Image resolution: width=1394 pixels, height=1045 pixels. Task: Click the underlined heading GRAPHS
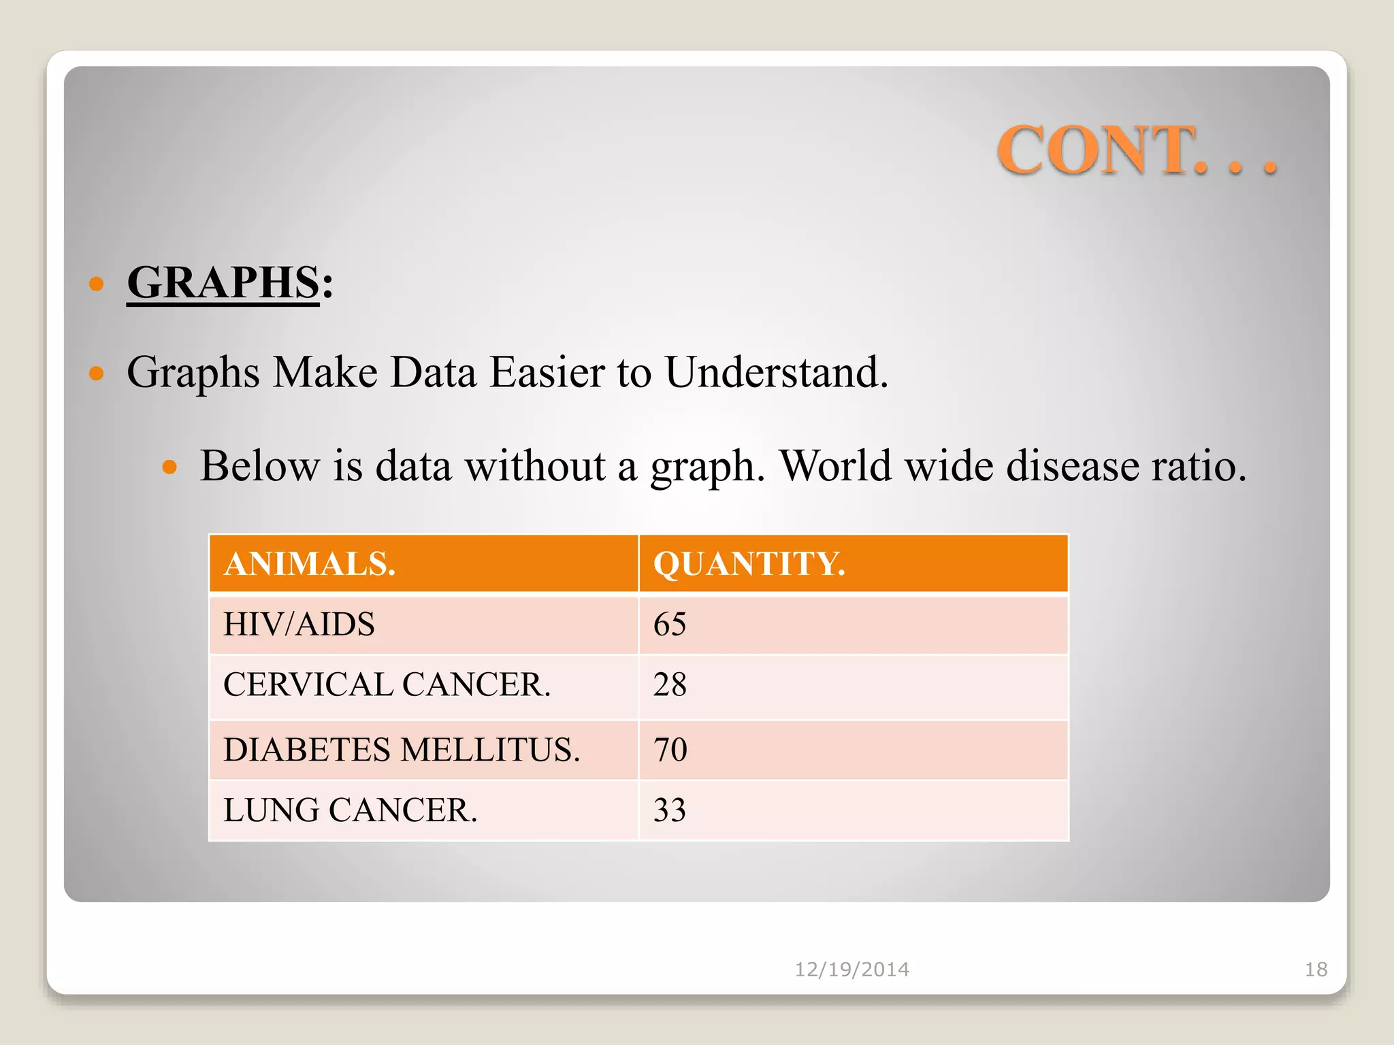(223, 282)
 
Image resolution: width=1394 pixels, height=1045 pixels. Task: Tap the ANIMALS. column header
(310, 564)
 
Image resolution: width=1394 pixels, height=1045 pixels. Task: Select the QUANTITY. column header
(749, 564)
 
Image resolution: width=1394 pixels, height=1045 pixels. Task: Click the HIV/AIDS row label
(299, 624)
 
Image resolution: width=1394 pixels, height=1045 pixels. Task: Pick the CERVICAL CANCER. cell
(387, 684)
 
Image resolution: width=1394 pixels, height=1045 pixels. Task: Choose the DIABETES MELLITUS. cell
(402, 750)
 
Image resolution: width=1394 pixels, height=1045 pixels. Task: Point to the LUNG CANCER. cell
(351, 810)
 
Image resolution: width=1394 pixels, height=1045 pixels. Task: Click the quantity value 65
(670, 624)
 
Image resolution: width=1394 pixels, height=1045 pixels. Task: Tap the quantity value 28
(670, 684)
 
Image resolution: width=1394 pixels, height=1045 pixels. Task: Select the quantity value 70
(670, 750)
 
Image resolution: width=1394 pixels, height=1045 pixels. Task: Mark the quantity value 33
(670, 810)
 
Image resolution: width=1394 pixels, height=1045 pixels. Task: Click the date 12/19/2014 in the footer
(852, 969)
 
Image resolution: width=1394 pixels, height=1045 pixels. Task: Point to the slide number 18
(1316, 969)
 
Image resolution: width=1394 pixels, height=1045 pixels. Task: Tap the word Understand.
(777, 372)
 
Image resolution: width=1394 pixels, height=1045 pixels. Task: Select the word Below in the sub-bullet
(259, 466)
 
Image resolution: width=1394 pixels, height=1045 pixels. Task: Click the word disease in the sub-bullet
(1072, 466)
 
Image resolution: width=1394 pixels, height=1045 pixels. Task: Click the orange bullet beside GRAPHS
(97, 283)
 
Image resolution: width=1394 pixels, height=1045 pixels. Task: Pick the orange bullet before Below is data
(169, 467)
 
